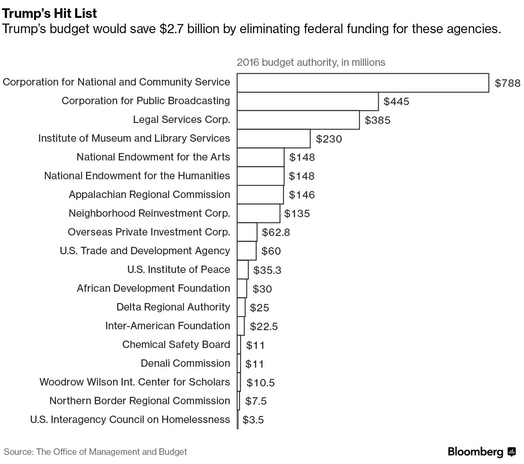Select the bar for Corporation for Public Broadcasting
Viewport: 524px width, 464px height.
tap(307, 101)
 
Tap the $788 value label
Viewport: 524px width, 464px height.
tap(507, 83)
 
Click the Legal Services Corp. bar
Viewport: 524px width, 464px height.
tap(298, 120)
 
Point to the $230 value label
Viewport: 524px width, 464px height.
tap(329, 139)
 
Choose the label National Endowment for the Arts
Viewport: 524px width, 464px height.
tap(153, 157)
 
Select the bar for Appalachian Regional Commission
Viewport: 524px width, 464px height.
tap(260, 194)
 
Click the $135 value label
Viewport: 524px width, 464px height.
tap(297, 214)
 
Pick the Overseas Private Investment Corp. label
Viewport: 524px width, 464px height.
tap(148, 232)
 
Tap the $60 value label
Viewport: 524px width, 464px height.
tap(271, 251)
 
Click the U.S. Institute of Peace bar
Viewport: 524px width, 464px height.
tap(243, 270)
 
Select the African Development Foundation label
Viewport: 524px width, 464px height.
tap(153, 288)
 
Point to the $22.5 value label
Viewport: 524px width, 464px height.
tap(264, 326)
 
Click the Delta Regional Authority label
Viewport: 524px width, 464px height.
tap(173, 307)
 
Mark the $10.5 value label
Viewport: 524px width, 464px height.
tap(261, 383)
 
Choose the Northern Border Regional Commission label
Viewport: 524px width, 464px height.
tap(139, 401)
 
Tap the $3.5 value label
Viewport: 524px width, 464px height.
tap(253, 420)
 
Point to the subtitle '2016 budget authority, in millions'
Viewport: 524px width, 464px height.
tap(311, 62)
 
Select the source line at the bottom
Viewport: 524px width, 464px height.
tap(96, 452)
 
